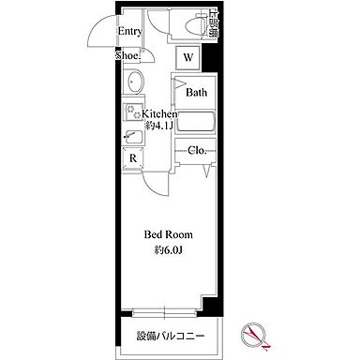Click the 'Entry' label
tap(129, 31)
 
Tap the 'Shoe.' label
tap(127, 55)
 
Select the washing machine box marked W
tap(188, 58)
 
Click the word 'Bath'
tap(196, 93)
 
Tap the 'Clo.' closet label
tap(197, 150)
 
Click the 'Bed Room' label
tap(168, 234)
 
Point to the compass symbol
tap(254, 332)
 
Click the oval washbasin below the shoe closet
tap(132, 82)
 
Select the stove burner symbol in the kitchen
tap(129, 113)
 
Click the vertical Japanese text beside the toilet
tap(215, 24)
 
